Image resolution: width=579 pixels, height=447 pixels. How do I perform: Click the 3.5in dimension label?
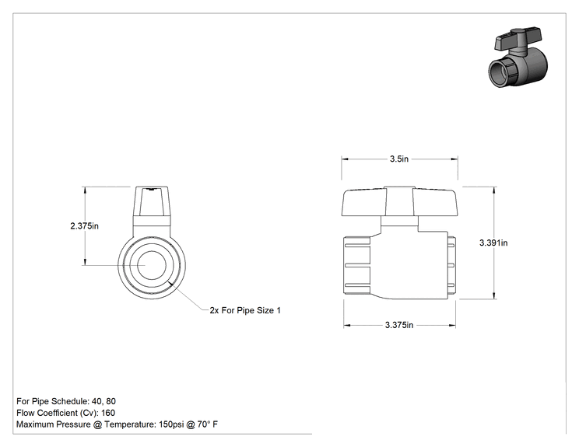click(399, 159)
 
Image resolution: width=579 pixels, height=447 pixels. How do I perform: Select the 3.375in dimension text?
click(399, 325)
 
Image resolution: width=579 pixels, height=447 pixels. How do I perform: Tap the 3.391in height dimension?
click(493, 243)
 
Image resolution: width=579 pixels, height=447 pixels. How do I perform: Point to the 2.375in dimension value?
click(85, 225)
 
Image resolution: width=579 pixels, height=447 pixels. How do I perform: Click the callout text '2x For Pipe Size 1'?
click(245, 310)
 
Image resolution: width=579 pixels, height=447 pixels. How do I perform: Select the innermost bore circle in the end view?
click(152, 265)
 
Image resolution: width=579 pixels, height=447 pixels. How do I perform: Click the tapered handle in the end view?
click(152, 201)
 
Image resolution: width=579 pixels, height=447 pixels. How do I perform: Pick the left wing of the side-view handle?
click(364, 202)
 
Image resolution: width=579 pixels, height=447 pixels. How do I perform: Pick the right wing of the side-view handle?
click(435, 202)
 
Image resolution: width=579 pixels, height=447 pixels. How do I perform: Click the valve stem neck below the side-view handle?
click(399, 222)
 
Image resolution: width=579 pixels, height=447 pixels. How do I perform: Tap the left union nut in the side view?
click(356, 265)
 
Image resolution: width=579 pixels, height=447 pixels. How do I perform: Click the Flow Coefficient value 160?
click(108, 413)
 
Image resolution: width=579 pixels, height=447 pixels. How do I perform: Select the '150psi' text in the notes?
click(171, 424)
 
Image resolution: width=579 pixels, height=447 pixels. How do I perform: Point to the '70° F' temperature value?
click(208, 424)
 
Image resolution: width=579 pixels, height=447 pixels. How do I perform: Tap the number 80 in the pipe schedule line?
click(111, 401)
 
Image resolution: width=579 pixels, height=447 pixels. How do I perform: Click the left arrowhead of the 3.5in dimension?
click(345, 159)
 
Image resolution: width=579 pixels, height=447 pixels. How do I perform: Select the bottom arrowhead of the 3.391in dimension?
click(494, 295)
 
